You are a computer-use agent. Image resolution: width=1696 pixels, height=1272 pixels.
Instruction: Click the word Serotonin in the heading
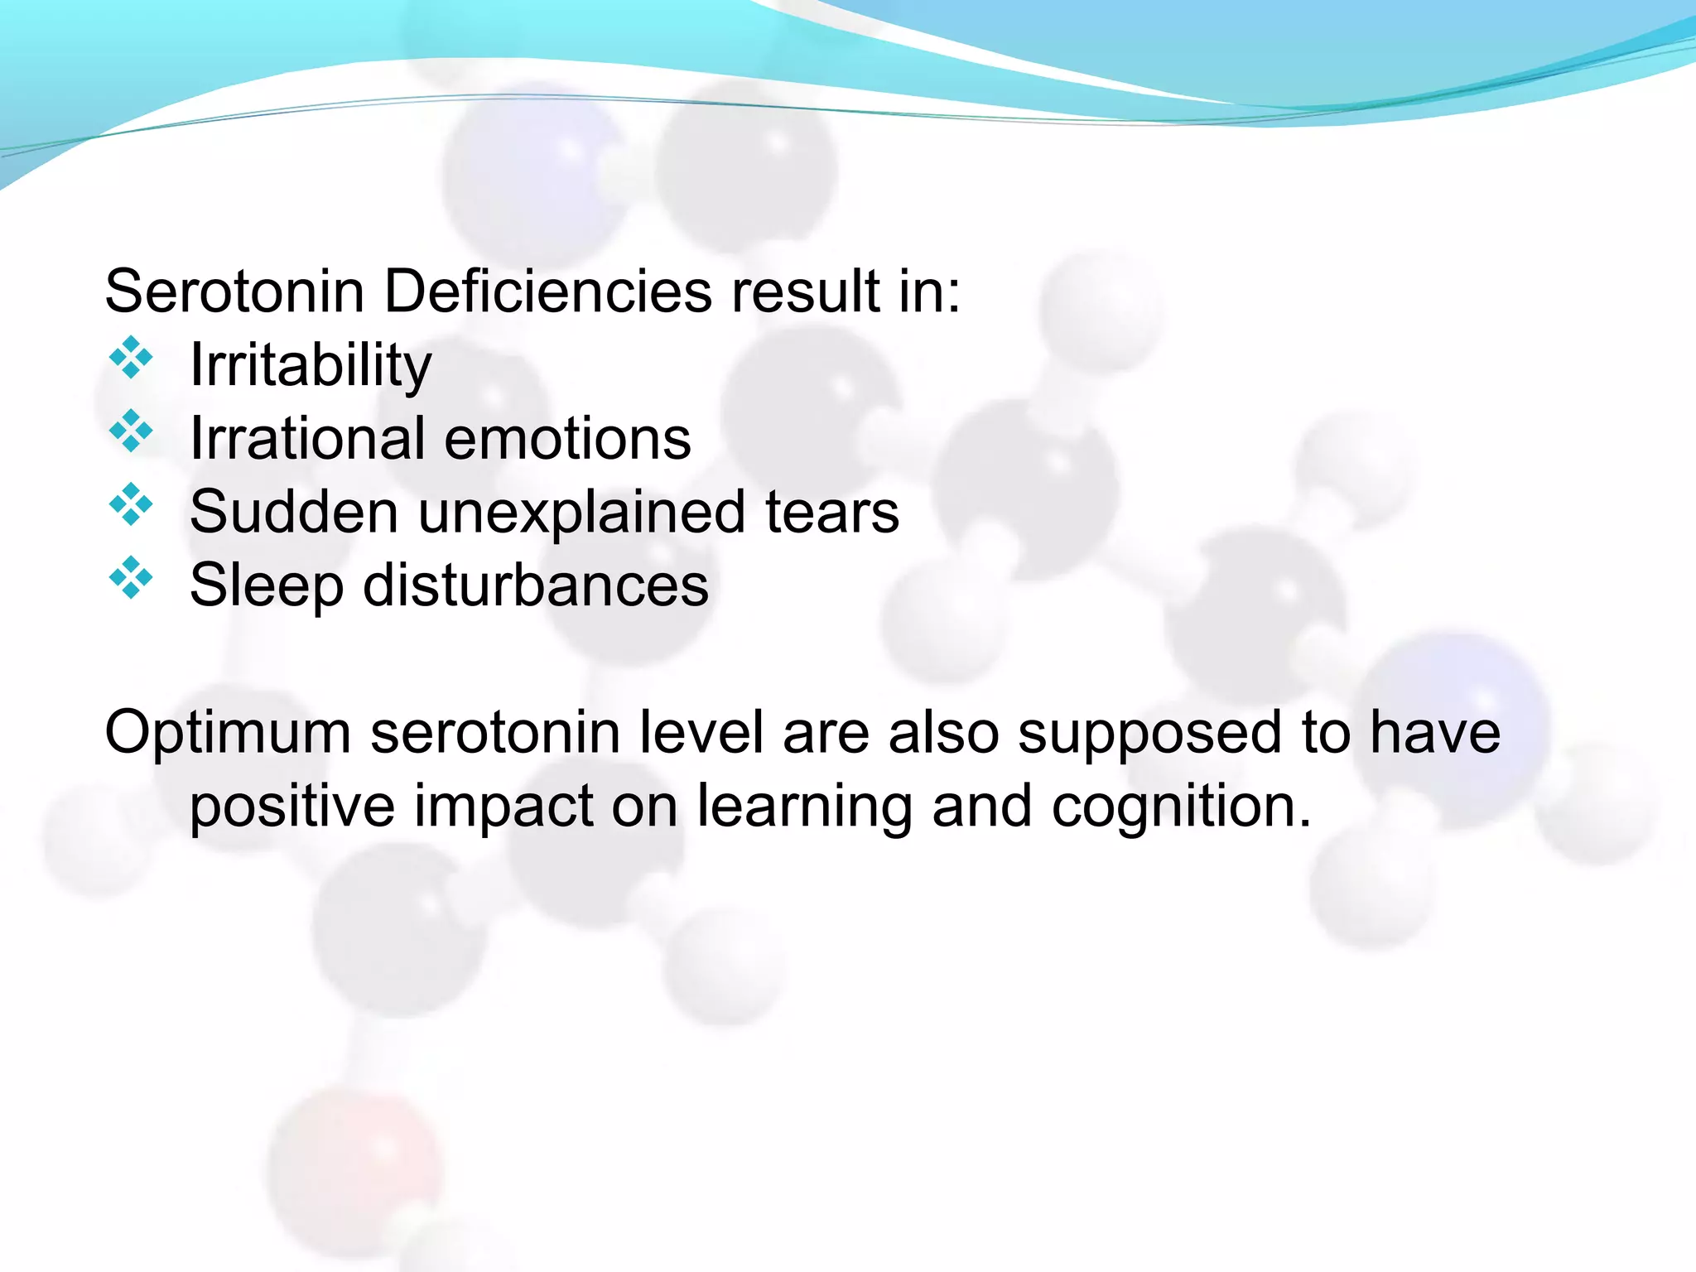click(234, 291)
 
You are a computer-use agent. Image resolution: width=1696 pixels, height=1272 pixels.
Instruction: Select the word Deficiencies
click(547, 291)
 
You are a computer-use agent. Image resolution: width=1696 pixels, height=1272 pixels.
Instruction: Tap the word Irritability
click(311, 365)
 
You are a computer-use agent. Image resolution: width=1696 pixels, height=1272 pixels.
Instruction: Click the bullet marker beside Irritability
click(131, 358)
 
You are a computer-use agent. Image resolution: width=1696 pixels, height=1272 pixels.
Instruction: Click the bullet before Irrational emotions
click(131, 431)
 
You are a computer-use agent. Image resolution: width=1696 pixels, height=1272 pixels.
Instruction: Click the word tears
click(831, 512)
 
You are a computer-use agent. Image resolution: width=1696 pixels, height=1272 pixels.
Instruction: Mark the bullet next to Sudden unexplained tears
click(131, 504)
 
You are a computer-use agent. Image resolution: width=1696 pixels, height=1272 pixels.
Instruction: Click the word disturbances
click(536, 585)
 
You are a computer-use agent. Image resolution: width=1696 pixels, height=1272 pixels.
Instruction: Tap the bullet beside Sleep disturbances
click(131, 577)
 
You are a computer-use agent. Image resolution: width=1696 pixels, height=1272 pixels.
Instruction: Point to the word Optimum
click(228, 733)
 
